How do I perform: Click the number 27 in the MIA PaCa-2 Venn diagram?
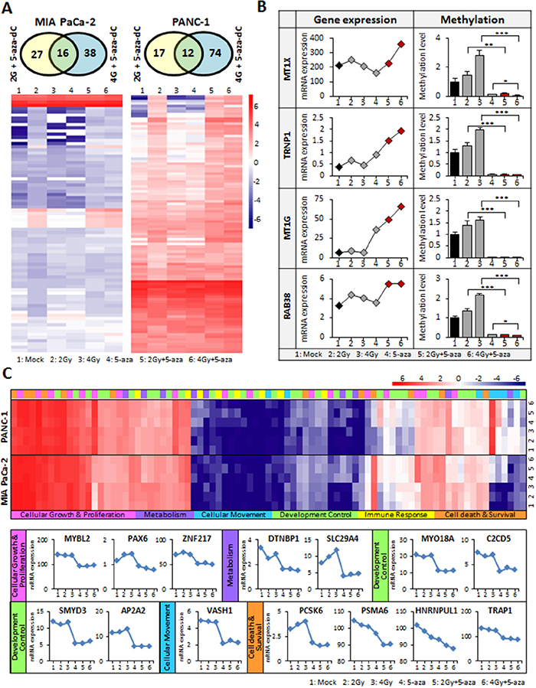pyautogui.click(x=34, y=55)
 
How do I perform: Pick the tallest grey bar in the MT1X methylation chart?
pyautogui.click(x=479, y=75)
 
